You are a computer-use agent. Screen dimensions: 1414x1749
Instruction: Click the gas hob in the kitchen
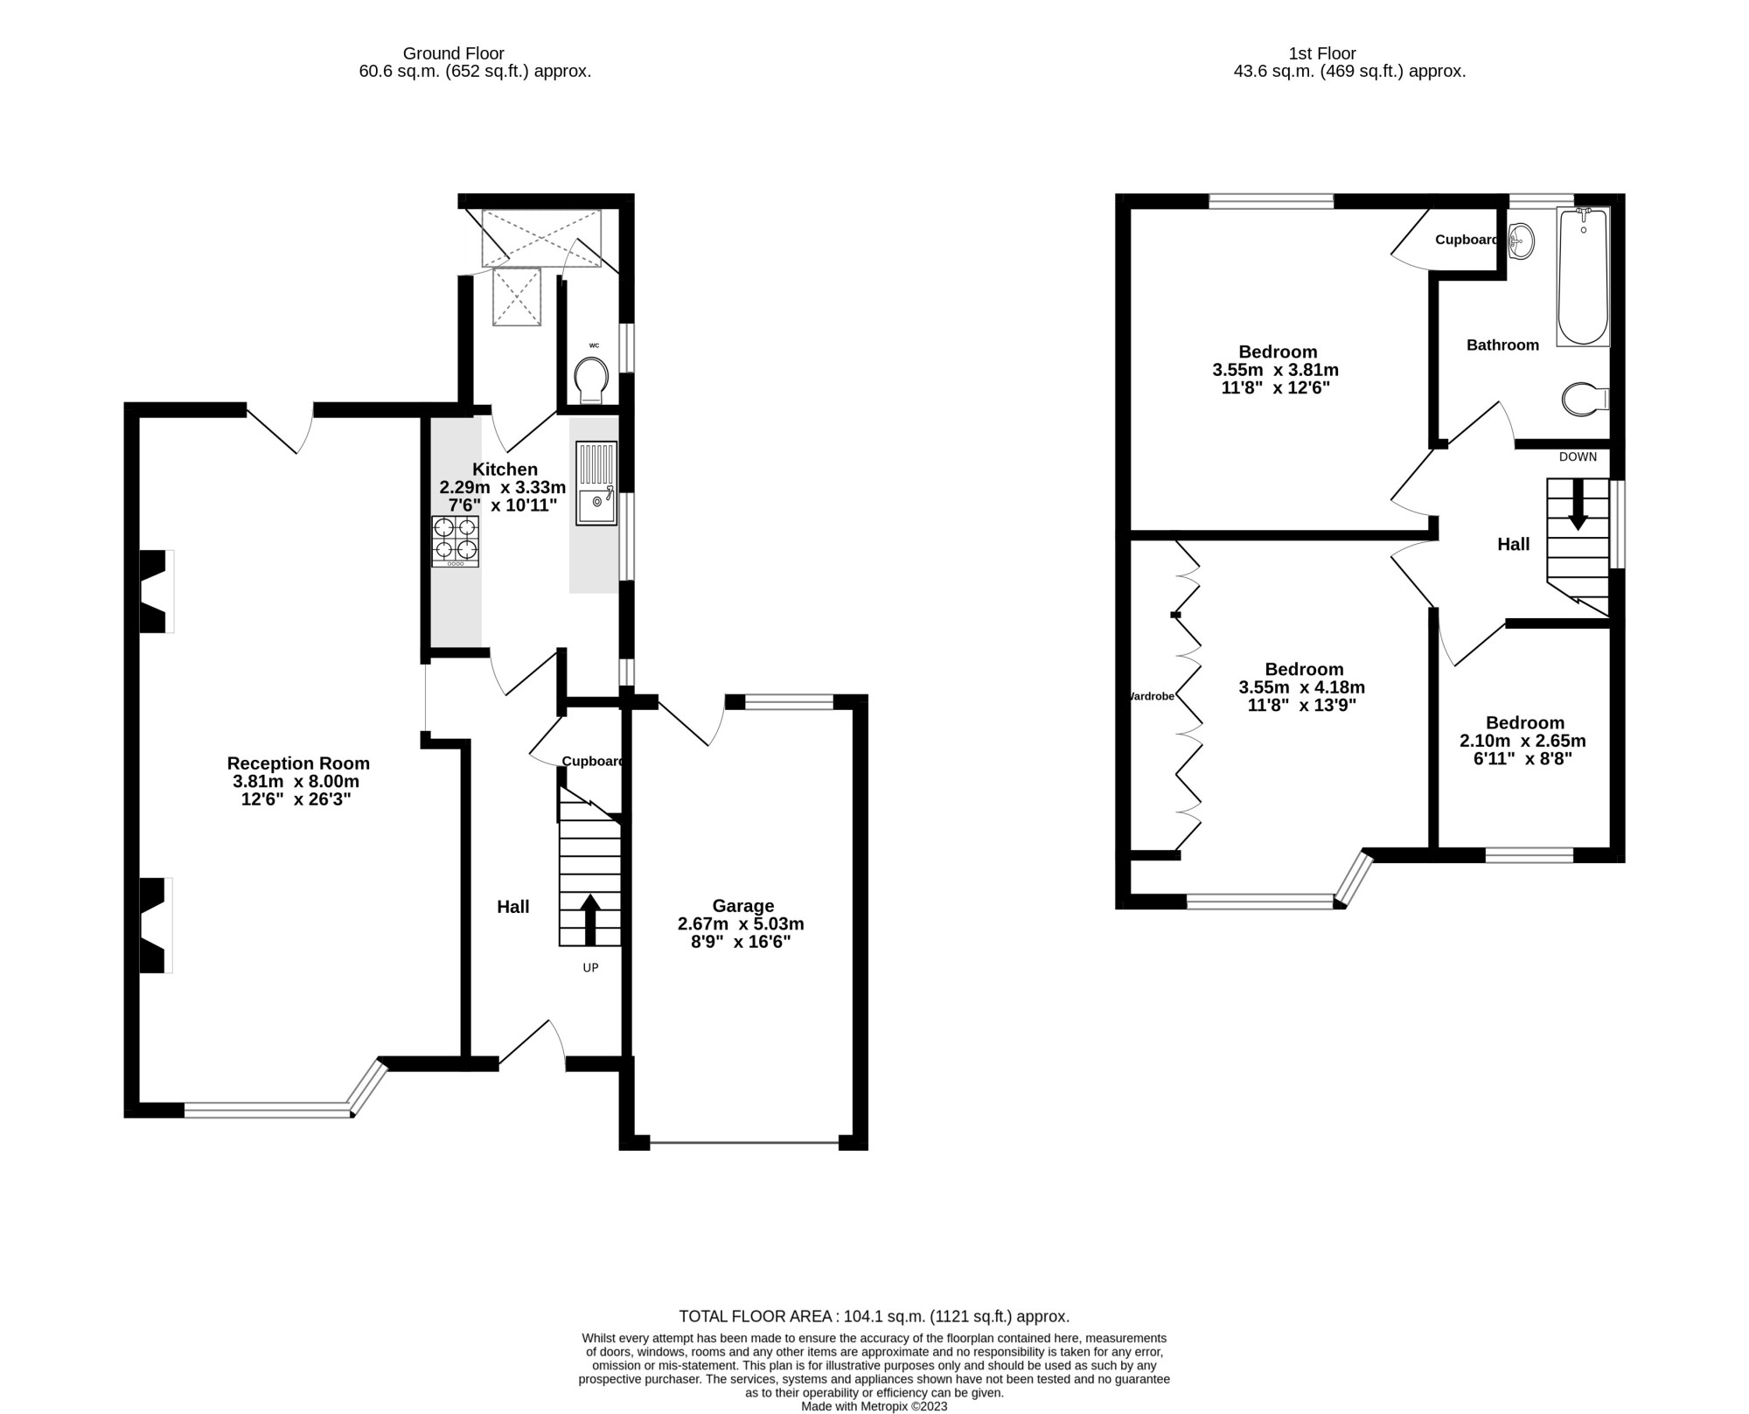[x=455, y=540]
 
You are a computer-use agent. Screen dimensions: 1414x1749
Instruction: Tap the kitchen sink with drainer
[x=596, y=484]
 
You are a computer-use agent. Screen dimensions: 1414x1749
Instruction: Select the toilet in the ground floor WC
[x=592, y=382]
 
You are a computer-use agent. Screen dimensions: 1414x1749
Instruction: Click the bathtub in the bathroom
[x=1583, y=277]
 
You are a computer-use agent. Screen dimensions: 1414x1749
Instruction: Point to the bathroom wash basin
[x=1522, y=239]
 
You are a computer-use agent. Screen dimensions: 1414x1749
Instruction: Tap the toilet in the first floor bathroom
[x=1584, y=400]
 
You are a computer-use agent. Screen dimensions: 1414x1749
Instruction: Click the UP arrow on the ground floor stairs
[x=590, y=920]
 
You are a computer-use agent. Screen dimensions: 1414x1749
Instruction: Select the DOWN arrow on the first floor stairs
[x=1578, y=505]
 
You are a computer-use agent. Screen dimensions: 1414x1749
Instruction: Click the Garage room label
[x=742, y=906]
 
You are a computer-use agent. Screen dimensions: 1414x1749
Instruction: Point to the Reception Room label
[x=298, y=763]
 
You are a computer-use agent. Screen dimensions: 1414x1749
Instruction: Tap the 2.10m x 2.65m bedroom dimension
[x=1523, y=741]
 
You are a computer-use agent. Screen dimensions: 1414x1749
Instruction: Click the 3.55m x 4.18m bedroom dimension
[x=1301, y=687]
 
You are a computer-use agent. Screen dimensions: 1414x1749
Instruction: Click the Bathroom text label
[x=1502, y=345]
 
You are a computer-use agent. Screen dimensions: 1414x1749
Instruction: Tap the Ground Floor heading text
[x=453, y=53]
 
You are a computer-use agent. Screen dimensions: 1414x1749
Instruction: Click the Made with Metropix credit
[x=874, y=1406]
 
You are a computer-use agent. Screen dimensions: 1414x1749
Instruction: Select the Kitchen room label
[x=505, y=470]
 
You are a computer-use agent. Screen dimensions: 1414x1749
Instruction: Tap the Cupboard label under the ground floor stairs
[x=592, y=762]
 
